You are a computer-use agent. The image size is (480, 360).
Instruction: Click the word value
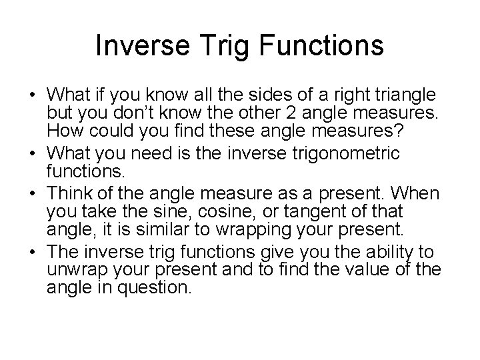[x=381, y=270]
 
